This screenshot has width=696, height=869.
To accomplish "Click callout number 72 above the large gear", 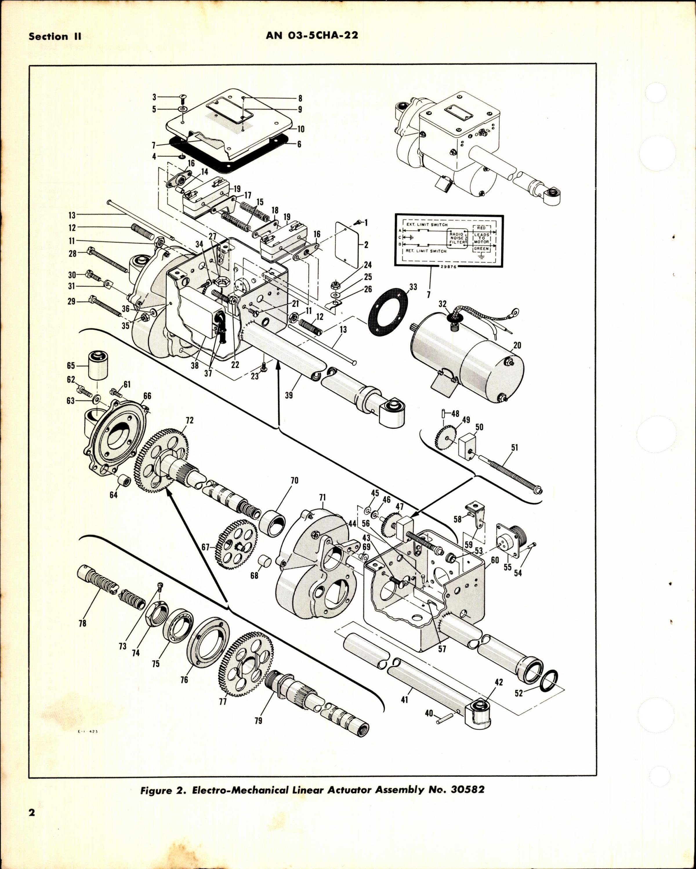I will coord(190,420).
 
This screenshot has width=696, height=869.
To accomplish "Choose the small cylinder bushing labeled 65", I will coord(97,365).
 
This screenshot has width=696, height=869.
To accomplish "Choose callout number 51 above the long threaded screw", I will coord(514,448).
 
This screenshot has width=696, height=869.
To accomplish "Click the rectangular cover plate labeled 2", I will coord(349,245).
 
